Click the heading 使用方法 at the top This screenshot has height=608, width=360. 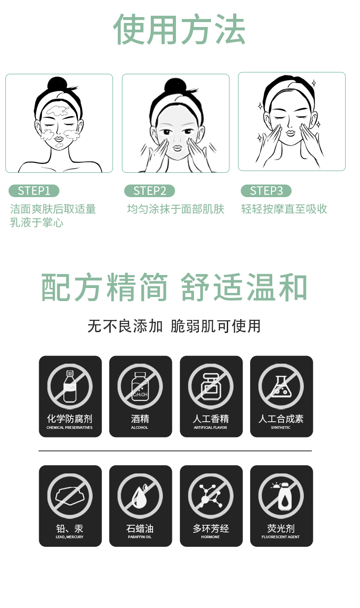coord(179,30)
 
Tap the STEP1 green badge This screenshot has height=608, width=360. coord(34,191)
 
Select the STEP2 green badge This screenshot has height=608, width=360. coord(149,191)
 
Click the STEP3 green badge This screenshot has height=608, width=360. coord(266,191)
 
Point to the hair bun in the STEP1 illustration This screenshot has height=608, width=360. coord(57,84)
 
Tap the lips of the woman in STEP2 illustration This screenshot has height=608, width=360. coord(177,147)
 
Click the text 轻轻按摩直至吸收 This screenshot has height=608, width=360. coord(284,209)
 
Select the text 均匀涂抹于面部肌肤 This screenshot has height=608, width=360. coord(175,209)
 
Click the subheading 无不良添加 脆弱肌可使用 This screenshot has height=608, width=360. coord(174,326)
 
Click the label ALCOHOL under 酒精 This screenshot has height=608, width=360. coord(139,428)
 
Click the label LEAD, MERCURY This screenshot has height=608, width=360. coord(69,537)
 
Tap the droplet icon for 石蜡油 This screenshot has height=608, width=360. coord(140,496)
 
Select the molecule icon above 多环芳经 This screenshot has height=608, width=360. coord(211,496)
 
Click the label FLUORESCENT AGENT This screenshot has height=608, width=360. coord(281,537)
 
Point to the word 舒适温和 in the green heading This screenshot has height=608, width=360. coord(244,287)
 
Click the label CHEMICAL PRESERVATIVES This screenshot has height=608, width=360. coord(69,428)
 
